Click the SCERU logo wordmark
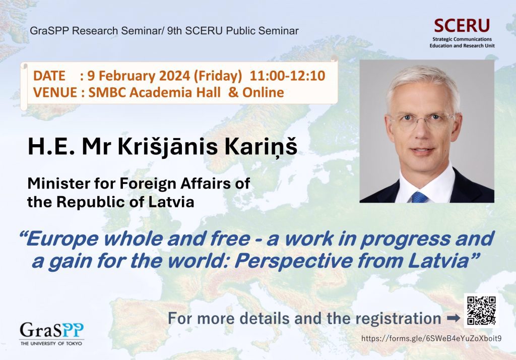click(x=462, y=26)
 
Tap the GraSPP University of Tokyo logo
click(x=52, y=333)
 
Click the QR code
click(x=481, y=311)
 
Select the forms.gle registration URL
click(x=431, y=338)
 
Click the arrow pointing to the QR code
click(x=454, y=318)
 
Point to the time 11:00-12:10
click(x=287, y=76)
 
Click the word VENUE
click(x=55, y=92)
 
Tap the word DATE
click(x=49, y=76)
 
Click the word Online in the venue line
click(x=263, y=92)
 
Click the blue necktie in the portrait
click(x=419, y=197)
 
